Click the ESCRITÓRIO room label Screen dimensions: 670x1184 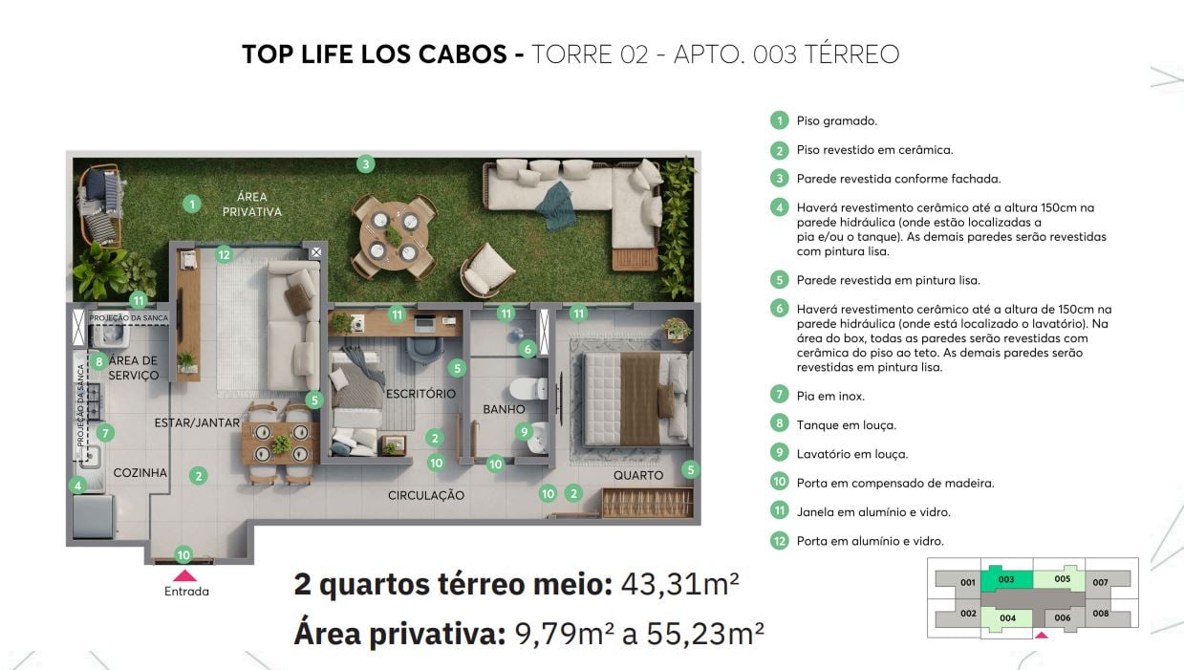(x=420, y=394)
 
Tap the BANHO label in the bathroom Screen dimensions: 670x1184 (x=504, y=409)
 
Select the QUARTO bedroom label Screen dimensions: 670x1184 (x=638, y=475)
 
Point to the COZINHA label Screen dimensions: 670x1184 (x=140, y=473)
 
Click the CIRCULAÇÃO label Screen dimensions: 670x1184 (x=426, y=495)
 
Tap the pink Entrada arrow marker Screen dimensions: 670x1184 (x=185, y=575)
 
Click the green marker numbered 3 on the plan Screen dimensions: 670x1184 (x=365, y=163)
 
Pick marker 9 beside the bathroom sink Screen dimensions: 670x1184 (x=523, y=431)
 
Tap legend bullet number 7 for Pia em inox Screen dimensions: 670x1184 (x=780, y=395)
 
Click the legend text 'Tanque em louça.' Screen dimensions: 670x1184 (x=846, y=424)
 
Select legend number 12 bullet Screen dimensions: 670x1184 (x=780, y=541)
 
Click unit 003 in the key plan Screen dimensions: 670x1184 (x=1006, y=580)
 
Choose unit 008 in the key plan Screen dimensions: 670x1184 (x=1101, y=614)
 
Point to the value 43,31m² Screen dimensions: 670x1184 (x=679, y=583)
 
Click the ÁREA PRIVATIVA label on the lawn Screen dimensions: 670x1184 (x=252, y=205)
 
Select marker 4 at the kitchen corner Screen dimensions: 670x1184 (x=77, y=486)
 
